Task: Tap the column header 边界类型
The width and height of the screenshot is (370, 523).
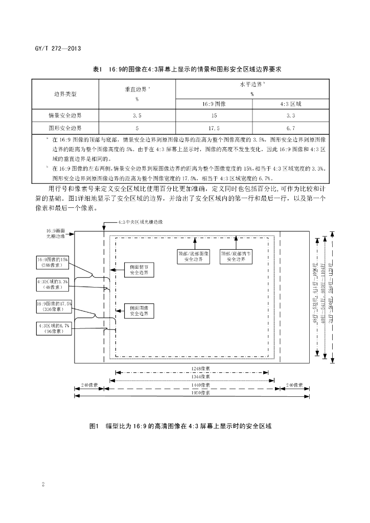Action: [x=65, y=94]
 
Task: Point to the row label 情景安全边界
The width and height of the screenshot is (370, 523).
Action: [x=65, y=116]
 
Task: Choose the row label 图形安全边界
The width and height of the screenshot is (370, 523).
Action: [x=65, y=128]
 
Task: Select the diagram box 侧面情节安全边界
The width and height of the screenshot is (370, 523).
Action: [x=139, y=270]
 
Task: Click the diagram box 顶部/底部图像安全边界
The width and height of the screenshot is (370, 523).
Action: [x=194, y=256]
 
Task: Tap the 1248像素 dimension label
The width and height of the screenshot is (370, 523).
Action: [x=194, y=367]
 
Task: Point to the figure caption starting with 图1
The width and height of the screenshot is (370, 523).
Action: [x=179, y=425]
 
